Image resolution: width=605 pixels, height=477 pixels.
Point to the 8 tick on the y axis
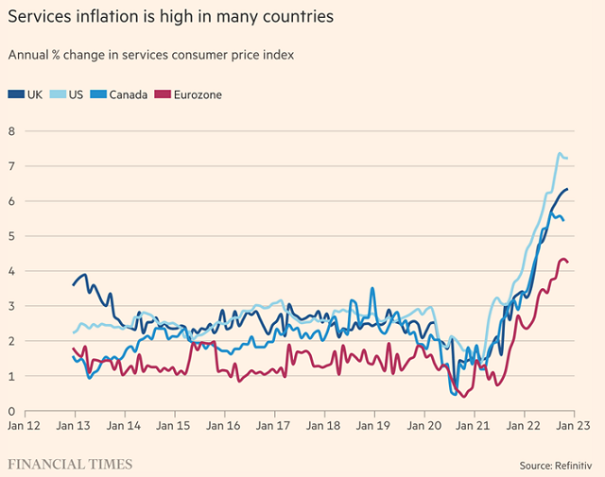click(x=11, y=130)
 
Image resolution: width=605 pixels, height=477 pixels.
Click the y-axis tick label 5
click(x=11, y=235)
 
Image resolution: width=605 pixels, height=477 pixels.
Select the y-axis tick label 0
click(x=11, y=411)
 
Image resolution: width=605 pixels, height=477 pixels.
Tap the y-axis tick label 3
click(x=11, y=306)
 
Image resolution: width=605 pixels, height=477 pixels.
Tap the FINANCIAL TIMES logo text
click(x=70, y=464)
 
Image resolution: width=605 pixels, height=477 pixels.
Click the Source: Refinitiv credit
click(x=558, y=465)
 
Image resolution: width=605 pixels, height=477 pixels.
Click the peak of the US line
click(x=560, y=153)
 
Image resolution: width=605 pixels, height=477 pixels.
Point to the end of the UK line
click(x=567, y=190)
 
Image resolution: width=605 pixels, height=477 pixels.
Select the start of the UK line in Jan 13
click(x=74, y=284)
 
